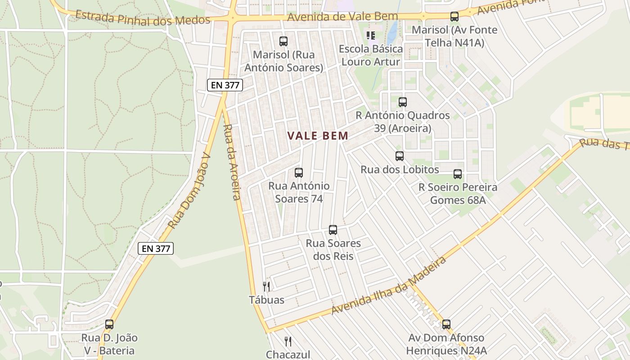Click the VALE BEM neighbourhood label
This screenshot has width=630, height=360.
[x=318, y=136]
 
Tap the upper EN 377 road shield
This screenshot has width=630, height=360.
[x=225, y=85]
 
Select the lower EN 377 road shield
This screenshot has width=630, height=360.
[x=156, y=248]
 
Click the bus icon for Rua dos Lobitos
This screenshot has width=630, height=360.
[x=399, y=156]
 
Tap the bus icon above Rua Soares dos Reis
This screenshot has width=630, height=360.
[x=333, y=230]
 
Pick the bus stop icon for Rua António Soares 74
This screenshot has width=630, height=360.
[x=298, y=172]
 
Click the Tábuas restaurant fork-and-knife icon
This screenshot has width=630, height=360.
[x=266, y=287]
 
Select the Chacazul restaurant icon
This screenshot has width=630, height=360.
[x=288, y=342]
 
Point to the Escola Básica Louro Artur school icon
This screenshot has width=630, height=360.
[x=371, y=35]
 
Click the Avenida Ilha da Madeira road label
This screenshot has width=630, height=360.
[x=389, y=286]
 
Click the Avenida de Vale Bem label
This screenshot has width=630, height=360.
[x=342, y=17]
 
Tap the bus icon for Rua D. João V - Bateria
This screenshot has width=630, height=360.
[x=109, y=324]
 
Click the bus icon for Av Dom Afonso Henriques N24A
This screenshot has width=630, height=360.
[x=446, y=324]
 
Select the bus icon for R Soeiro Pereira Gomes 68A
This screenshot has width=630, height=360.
[x=458, y=174]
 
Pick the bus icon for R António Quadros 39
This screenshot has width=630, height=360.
[x=402, y=102]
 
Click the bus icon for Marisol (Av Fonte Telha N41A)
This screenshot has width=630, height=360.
[x=454, y=17]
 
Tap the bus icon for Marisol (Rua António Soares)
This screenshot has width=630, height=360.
[x=283, y=41]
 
